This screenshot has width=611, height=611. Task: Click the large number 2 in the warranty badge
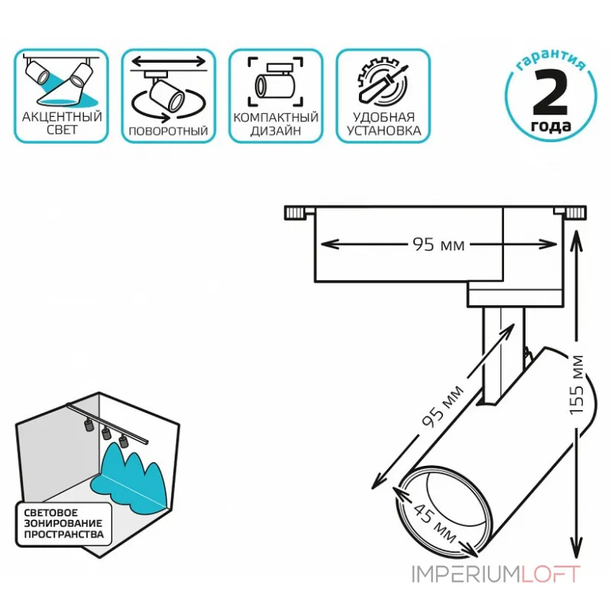[550, 92]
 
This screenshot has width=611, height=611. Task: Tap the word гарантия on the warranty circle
[551, 60]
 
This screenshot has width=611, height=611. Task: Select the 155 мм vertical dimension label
[577, 386]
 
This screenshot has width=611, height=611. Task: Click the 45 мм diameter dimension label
[435, 523]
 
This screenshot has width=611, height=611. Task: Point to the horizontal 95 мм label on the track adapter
[438, 244]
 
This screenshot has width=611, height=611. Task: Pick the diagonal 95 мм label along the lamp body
[444, 406]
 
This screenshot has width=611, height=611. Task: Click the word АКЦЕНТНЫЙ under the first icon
[62, 117]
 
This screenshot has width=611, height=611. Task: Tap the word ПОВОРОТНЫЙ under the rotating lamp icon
[168, 131]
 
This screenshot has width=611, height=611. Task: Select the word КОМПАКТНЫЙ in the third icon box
[276, 118]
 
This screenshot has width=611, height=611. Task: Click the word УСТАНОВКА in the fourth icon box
[384, 131]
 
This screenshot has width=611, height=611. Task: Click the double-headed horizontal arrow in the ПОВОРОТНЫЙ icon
[168, 61]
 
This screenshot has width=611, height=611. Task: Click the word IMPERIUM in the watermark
[466, 574]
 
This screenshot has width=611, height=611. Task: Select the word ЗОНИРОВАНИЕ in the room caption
[63, 523]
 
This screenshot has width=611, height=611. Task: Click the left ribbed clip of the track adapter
[295, 213]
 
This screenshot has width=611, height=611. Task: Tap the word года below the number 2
[551, 126]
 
